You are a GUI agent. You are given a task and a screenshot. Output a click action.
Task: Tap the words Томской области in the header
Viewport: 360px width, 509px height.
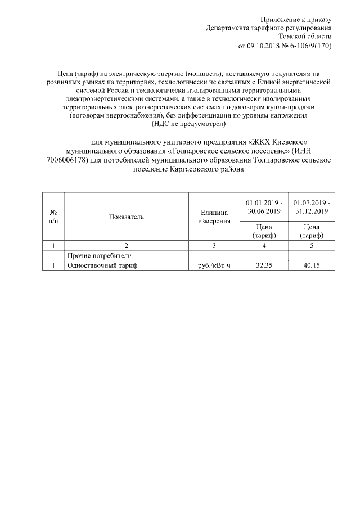tap(309, 36)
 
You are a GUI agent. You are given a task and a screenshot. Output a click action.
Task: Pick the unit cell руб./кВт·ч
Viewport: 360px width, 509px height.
tap(214, 265)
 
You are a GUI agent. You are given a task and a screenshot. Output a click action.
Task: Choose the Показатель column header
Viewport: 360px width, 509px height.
tap(127, 217)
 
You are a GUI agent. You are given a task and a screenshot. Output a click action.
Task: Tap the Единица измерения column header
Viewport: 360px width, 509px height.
tap(214, 217)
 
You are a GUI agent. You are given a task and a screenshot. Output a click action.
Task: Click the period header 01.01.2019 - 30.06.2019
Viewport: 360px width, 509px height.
tap(264, 206)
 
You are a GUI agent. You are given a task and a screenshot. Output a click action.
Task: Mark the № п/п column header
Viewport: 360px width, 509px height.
tap(53, 217)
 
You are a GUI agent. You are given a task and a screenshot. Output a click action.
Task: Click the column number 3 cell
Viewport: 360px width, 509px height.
tap(214, 245)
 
